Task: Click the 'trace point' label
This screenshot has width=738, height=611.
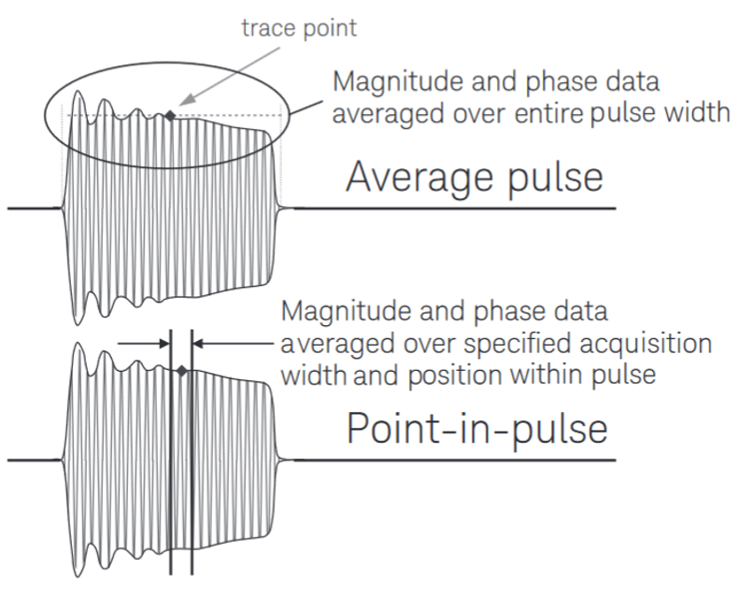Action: (x=299, y=28)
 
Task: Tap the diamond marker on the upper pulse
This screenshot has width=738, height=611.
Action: (x=170, y=115)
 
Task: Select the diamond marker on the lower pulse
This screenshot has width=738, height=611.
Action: (x=181, y=371)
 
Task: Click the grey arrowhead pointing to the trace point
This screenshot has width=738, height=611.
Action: (x=188, y=99)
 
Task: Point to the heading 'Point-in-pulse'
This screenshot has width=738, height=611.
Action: (x=477, y=429)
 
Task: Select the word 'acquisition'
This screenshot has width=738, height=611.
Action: (x=646, y=344)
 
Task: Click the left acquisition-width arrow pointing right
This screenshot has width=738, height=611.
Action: (x=143, y=344)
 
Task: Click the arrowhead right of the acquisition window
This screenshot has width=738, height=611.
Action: (x=198, y=344)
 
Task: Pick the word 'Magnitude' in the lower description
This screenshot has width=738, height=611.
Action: (x=347, y=312)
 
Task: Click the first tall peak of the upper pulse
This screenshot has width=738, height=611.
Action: (x=78, y=92)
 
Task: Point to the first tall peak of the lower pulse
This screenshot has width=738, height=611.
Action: (x=78, y=346)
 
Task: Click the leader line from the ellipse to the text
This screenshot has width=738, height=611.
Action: (x=306, y=107)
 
